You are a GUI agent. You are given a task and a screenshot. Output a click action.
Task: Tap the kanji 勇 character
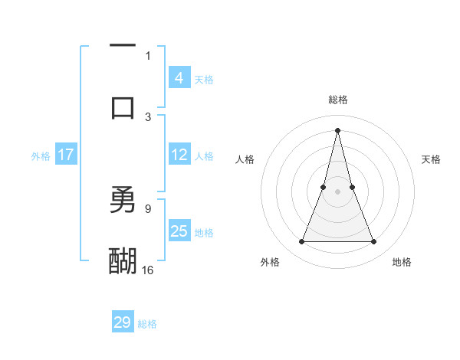(x=123, y=199)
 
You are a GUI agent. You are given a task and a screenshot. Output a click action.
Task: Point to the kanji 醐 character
(x=123, y=260)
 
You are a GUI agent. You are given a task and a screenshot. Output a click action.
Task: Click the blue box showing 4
(x=179, y=78)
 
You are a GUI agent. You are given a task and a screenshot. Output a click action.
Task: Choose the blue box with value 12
(x=179, y=155)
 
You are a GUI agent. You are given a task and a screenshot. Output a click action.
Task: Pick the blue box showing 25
(x=179, y=231)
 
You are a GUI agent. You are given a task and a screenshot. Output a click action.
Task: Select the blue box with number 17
(x=66, y=155)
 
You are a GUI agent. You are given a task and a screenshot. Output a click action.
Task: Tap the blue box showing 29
(x=123, y=322)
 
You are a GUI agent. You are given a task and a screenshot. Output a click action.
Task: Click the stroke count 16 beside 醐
(x=148, y=270)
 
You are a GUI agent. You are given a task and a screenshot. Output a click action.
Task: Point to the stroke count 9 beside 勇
(x=148, y=208)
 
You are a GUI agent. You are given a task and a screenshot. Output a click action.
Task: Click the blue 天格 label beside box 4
(x=204, y=79)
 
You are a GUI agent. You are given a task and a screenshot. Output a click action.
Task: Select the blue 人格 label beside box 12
(x=204, y=155)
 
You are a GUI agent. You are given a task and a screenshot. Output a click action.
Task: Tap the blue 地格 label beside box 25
(x=204, y=232)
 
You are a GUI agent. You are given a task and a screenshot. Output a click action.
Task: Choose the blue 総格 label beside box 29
(x=147, y=324)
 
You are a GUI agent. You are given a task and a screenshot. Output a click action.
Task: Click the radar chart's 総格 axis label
(x=337, y=100)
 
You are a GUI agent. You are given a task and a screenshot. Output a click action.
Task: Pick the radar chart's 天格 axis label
(x=432, y=159)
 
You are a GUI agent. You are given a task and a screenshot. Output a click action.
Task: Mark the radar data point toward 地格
(x=374, y=242)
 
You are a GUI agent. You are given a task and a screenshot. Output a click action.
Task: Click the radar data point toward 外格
(x=301, y=242)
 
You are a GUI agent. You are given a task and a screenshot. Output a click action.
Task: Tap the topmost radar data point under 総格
(x=337, y=129)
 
